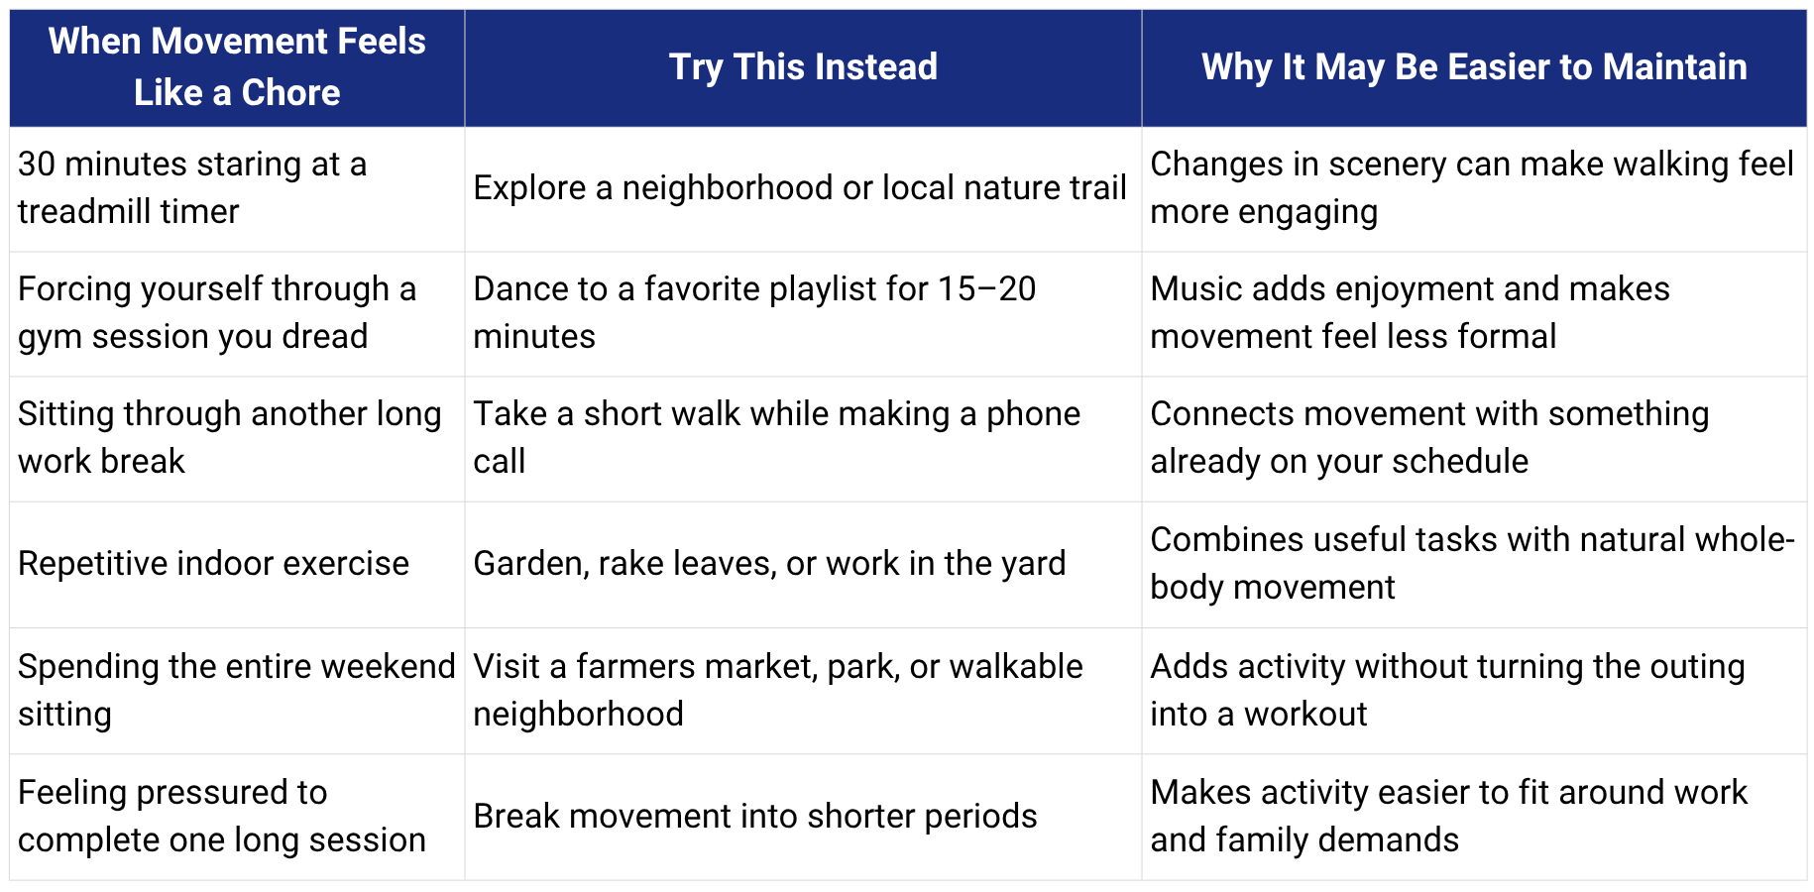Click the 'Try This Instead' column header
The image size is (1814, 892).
click(x=803, y=67)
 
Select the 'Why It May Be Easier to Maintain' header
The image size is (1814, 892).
click(x=1474, y=67)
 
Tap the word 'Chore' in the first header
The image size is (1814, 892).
click(x=290, y=93)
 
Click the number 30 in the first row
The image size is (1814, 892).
click(x=37, y=165)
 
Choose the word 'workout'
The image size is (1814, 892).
click(x=1305, y=715)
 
